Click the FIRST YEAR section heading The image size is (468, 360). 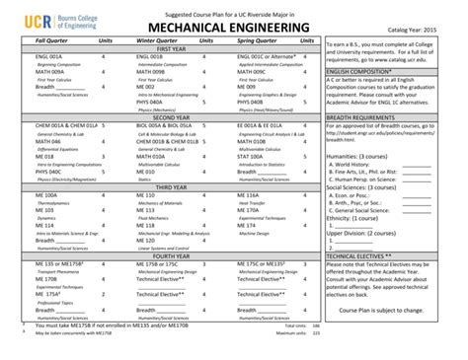(x=172, y=48)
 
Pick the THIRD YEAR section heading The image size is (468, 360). (x=172, y=186)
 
